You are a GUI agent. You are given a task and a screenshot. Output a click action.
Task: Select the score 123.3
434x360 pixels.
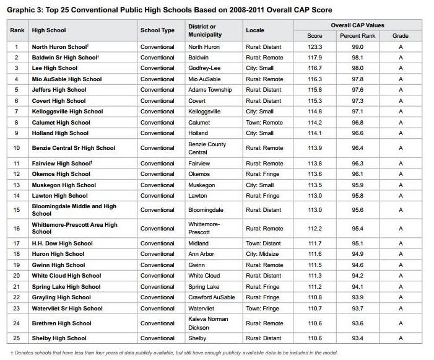coord(315,46)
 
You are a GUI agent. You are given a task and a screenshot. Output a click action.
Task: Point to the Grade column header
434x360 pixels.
coord(401,36)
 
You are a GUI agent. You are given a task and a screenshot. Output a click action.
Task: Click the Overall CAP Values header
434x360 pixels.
coord(357,25)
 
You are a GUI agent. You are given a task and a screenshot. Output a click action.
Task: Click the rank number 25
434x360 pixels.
coord(18,338)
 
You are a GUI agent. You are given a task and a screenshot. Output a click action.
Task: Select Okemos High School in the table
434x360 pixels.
coord(61,174)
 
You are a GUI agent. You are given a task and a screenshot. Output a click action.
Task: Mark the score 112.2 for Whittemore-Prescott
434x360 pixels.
coord(315,229)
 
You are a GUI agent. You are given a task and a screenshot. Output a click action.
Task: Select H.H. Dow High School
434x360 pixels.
coord(62,244)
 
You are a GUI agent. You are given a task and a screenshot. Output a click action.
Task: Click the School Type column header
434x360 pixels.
coord(157,30)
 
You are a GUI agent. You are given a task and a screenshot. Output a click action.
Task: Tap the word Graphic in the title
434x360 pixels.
coord(20,10)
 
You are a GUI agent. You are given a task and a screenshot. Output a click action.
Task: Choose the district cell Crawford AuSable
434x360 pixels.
coord(211,297)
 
